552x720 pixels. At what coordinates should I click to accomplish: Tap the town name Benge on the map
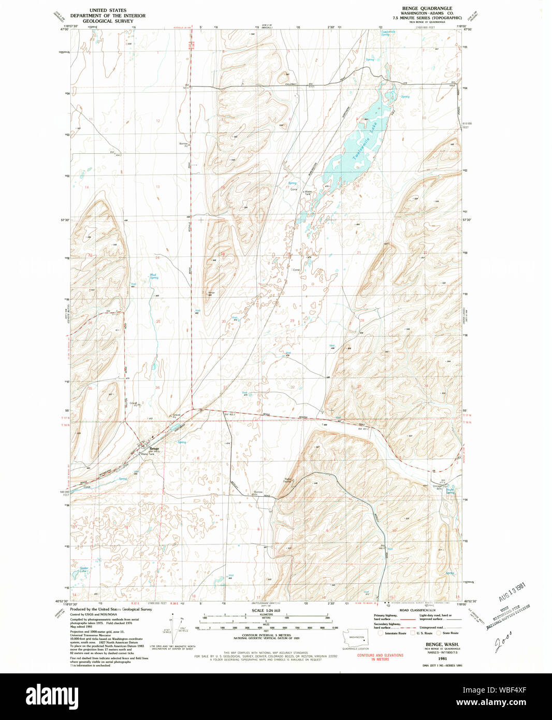pyautogui.click(x=154, y=449)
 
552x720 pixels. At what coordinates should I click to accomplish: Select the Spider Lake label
pyautogui.click(x=84, y=569)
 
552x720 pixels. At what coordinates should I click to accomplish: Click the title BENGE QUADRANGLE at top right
pyautogui.click(x=427, y=9)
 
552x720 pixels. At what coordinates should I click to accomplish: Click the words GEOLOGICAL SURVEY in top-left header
pyautogui.click(x=108, y=21)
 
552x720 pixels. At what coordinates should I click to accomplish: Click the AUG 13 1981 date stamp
pyautogui.click(x=512, y=592)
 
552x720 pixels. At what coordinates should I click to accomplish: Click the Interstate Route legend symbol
pyautogui.click(x=381, y=633)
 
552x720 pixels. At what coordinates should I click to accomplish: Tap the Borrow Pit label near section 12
pyautogui.click(x=183, y=145)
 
